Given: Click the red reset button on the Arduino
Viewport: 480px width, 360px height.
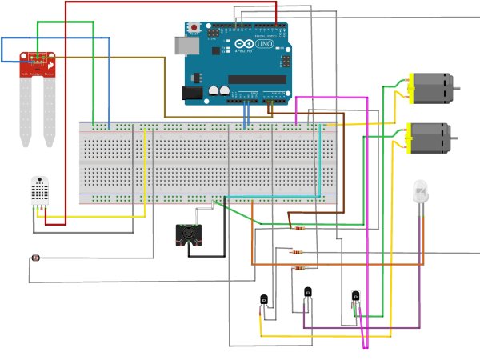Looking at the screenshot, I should coord(194,28).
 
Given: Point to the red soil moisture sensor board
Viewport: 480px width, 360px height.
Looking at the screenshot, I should coord(38,61).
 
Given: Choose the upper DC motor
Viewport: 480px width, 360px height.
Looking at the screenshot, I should coord(432,88).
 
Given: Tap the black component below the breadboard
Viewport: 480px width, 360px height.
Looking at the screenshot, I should coord(190,234).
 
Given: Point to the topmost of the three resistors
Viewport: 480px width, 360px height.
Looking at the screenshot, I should coord(299,228).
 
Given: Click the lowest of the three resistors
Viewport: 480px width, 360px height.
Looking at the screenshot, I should coord(299,268).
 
